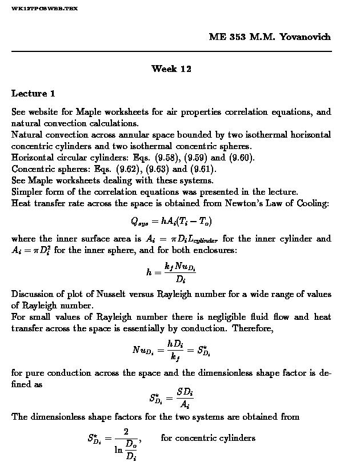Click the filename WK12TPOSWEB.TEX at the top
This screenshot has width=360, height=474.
point(45,9)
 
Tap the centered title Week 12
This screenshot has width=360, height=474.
point(171,69)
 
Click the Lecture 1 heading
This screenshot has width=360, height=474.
point(33,93)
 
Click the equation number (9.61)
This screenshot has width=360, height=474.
point(203,169)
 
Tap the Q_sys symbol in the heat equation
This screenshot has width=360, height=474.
point(138,222)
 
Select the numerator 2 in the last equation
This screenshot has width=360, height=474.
point(125,432)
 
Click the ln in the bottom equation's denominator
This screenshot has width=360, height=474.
point(118,449)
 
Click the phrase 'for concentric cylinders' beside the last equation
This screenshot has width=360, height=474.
point(208,438)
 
